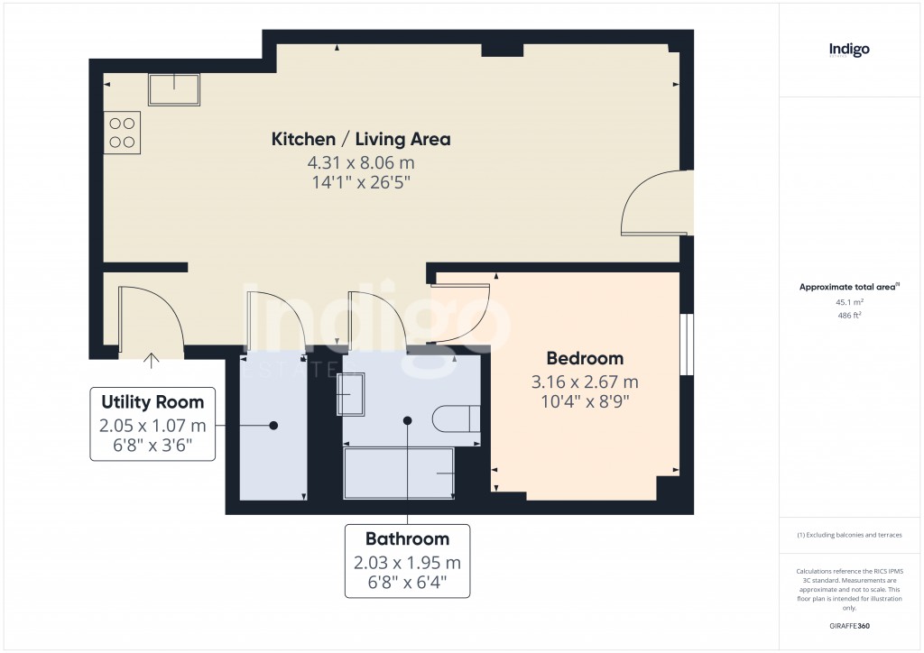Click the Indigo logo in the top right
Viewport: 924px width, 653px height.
[849, 51]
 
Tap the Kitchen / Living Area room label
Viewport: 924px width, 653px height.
[361, 139]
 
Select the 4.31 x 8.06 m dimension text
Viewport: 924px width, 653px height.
[361, 163]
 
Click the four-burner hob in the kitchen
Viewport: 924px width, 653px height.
[123, 133]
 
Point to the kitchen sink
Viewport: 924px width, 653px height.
[174, 90]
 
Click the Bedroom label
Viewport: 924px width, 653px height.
[585, 358]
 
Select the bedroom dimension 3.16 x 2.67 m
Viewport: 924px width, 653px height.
[585, 382]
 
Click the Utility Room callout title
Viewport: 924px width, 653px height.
[152, 401]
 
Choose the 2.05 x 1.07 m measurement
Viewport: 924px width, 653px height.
[152, 425]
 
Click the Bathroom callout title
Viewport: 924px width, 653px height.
[407, 538]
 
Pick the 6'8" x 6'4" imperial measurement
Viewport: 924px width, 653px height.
[407, 584]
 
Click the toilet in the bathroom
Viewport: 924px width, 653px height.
[456, 420]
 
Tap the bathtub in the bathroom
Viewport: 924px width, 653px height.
[398, 473]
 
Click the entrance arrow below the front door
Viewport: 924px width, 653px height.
[151, 360]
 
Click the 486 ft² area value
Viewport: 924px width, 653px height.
[850, 316]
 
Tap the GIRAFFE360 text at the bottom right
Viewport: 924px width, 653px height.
[849, 626]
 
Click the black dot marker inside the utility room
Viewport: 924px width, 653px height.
[273, 424]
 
